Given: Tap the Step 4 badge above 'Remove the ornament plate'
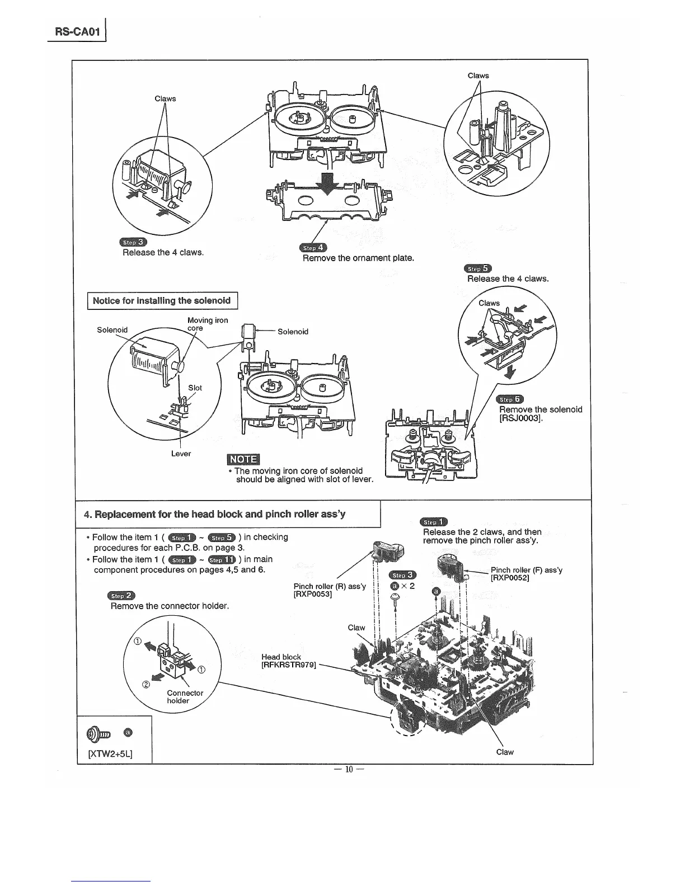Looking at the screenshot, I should [x=313, y=248].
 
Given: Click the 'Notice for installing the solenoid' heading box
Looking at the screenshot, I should [x=162, y=301].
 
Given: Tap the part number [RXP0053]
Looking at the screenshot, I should [x=313, y=594].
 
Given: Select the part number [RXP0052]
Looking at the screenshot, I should [x=510, y=578].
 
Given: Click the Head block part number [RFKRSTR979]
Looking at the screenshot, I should [x=289, y=665].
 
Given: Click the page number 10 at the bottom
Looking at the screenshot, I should [x=349, y=769].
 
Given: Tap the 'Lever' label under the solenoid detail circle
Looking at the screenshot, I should [x=181, y=454].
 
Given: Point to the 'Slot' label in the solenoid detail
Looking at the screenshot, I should [x=195, y=388].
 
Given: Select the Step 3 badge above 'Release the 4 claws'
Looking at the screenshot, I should [x=133, y=242].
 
